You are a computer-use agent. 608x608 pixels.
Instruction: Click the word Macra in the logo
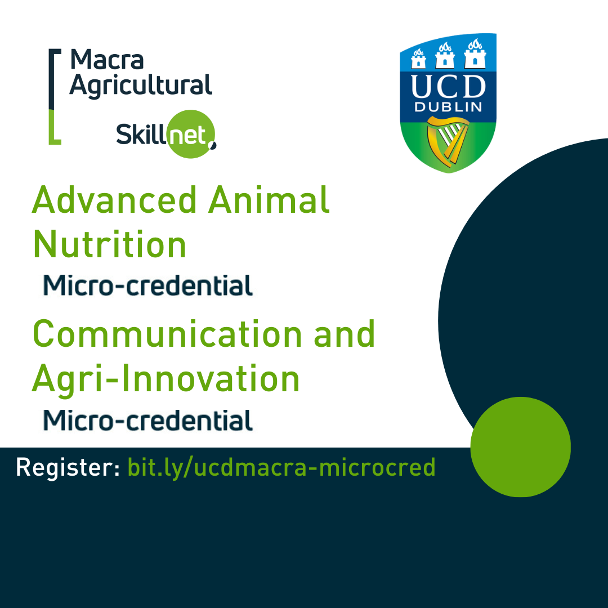[x=107, y=60]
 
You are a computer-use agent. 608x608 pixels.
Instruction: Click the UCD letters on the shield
[x=448, y=87]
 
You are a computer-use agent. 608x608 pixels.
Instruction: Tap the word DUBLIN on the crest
[x=448, y=107]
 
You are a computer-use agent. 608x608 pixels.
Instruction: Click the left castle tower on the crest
[x=419, y=56]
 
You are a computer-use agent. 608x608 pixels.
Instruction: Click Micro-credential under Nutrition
[x=148, y=285]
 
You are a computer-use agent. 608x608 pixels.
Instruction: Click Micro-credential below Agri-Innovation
[x=148, y=421]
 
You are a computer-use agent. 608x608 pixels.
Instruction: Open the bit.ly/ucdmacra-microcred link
[x=281, y=467]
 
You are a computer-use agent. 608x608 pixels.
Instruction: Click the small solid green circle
[x=520, y=446]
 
